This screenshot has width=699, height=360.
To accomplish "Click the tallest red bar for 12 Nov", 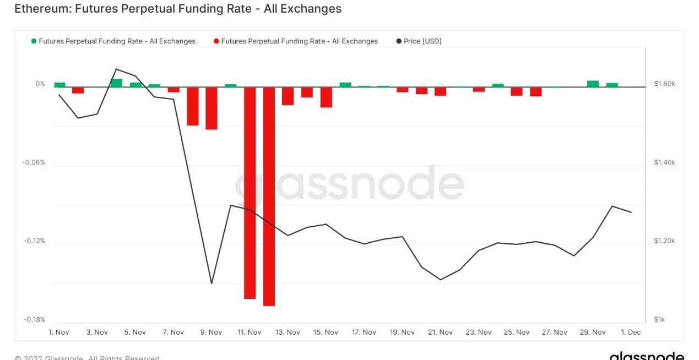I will click(x=269, y=196).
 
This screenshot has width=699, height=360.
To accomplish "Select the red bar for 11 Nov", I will click(x=250, y=193).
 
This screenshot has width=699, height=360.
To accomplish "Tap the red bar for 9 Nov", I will click(x=212, y=108).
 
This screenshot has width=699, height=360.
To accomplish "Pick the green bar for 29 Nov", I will click(x=593, y=84).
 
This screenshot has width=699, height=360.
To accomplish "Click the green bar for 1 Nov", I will click(x=59, y=85).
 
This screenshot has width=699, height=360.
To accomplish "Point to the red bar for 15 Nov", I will click(x=326, y=97).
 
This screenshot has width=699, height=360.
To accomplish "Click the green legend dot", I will click(x=34, y=41).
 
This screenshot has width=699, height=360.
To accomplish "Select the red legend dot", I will click(x=216, y=41).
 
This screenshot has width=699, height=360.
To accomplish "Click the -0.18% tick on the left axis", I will click(x=34, y=320).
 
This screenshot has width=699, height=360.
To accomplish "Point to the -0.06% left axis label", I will click(x=34, y=163).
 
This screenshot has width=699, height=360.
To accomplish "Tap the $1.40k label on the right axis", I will click(x=664, y=163).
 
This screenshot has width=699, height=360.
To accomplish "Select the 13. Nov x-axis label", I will click(x=288, y=332).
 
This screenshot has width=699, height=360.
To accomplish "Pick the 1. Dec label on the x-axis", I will click(x=631, y=332).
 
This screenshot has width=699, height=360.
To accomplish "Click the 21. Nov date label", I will click(x=440, y=332).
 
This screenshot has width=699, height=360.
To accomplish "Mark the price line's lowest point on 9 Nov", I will click(x=212, y=283).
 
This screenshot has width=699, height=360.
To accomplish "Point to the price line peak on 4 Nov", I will click(x=116, y=69).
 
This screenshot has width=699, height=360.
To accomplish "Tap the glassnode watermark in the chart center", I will click(x=349, y=184).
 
